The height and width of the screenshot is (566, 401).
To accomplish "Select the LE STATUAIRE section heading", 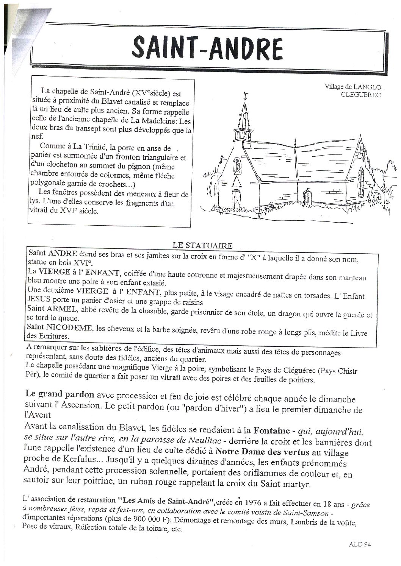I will point(202,245).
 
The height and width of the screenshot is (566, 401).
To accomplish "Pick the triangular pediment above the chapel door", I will point(237,182).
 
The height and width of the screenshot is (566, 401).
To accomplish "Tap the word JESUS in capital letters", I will point(36,302).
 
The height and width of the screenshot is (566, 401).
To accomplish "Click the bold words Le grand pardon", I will point(60,394).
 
